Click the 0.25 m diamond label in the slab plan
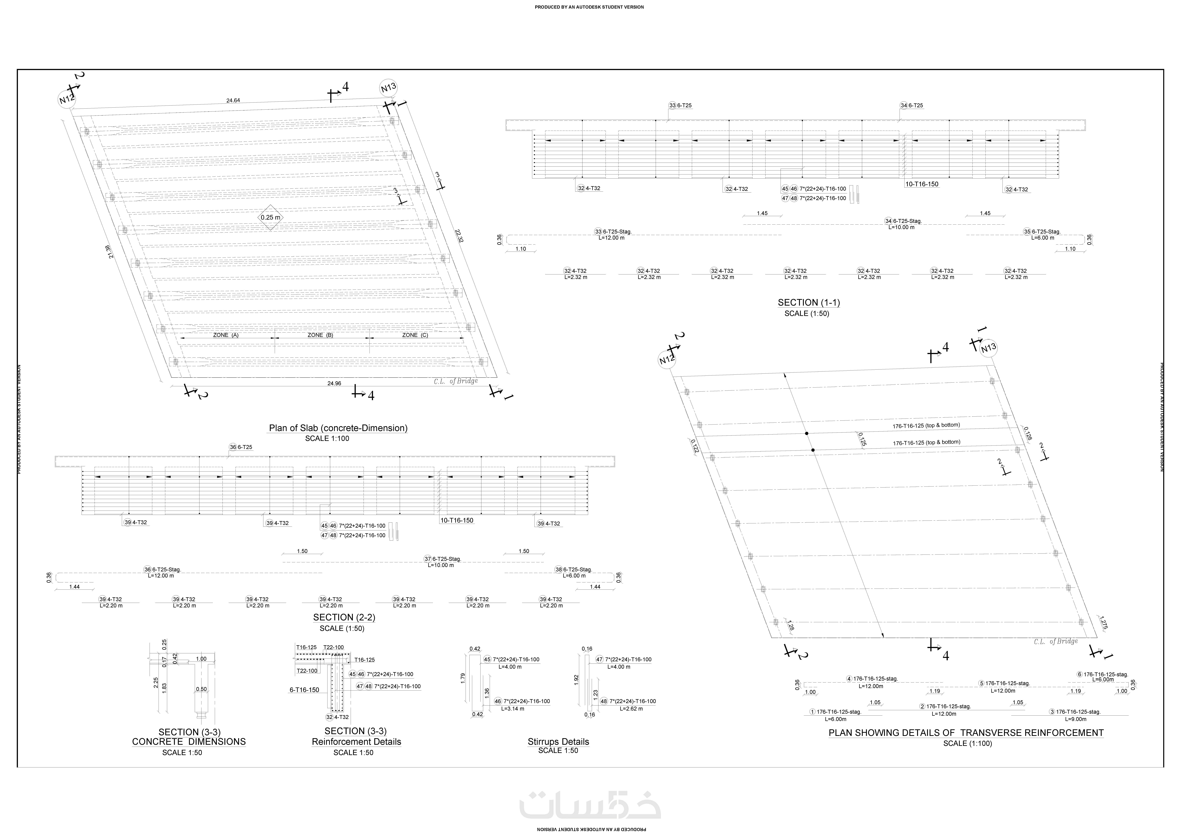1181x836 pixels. point(271,217)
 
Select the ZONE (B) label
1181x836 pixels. point(320,335)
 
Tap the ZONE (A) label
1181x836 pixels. point(226,335)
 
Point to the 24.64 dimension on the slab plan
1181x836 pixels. point(233,100)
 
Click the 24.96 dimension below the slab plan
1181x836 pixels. point(334,383)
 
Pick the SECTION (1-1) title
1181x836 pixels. point(809,303)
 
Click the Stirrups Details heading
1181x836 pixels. point(558,742)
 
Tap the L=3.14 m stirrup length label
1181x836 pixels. point(513,709)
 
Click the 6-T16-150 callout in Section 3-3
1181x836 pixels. point(304,690)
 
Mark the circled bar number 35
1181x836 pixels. point(1027,232)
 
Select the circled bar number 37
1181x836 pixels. point(427,559)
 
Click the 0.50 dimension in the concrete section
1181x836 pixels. point(201,689)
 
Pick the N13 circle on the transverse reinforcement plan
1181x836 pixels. point(988,349)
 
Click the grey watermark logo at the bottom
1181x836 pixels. point(590,805)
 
